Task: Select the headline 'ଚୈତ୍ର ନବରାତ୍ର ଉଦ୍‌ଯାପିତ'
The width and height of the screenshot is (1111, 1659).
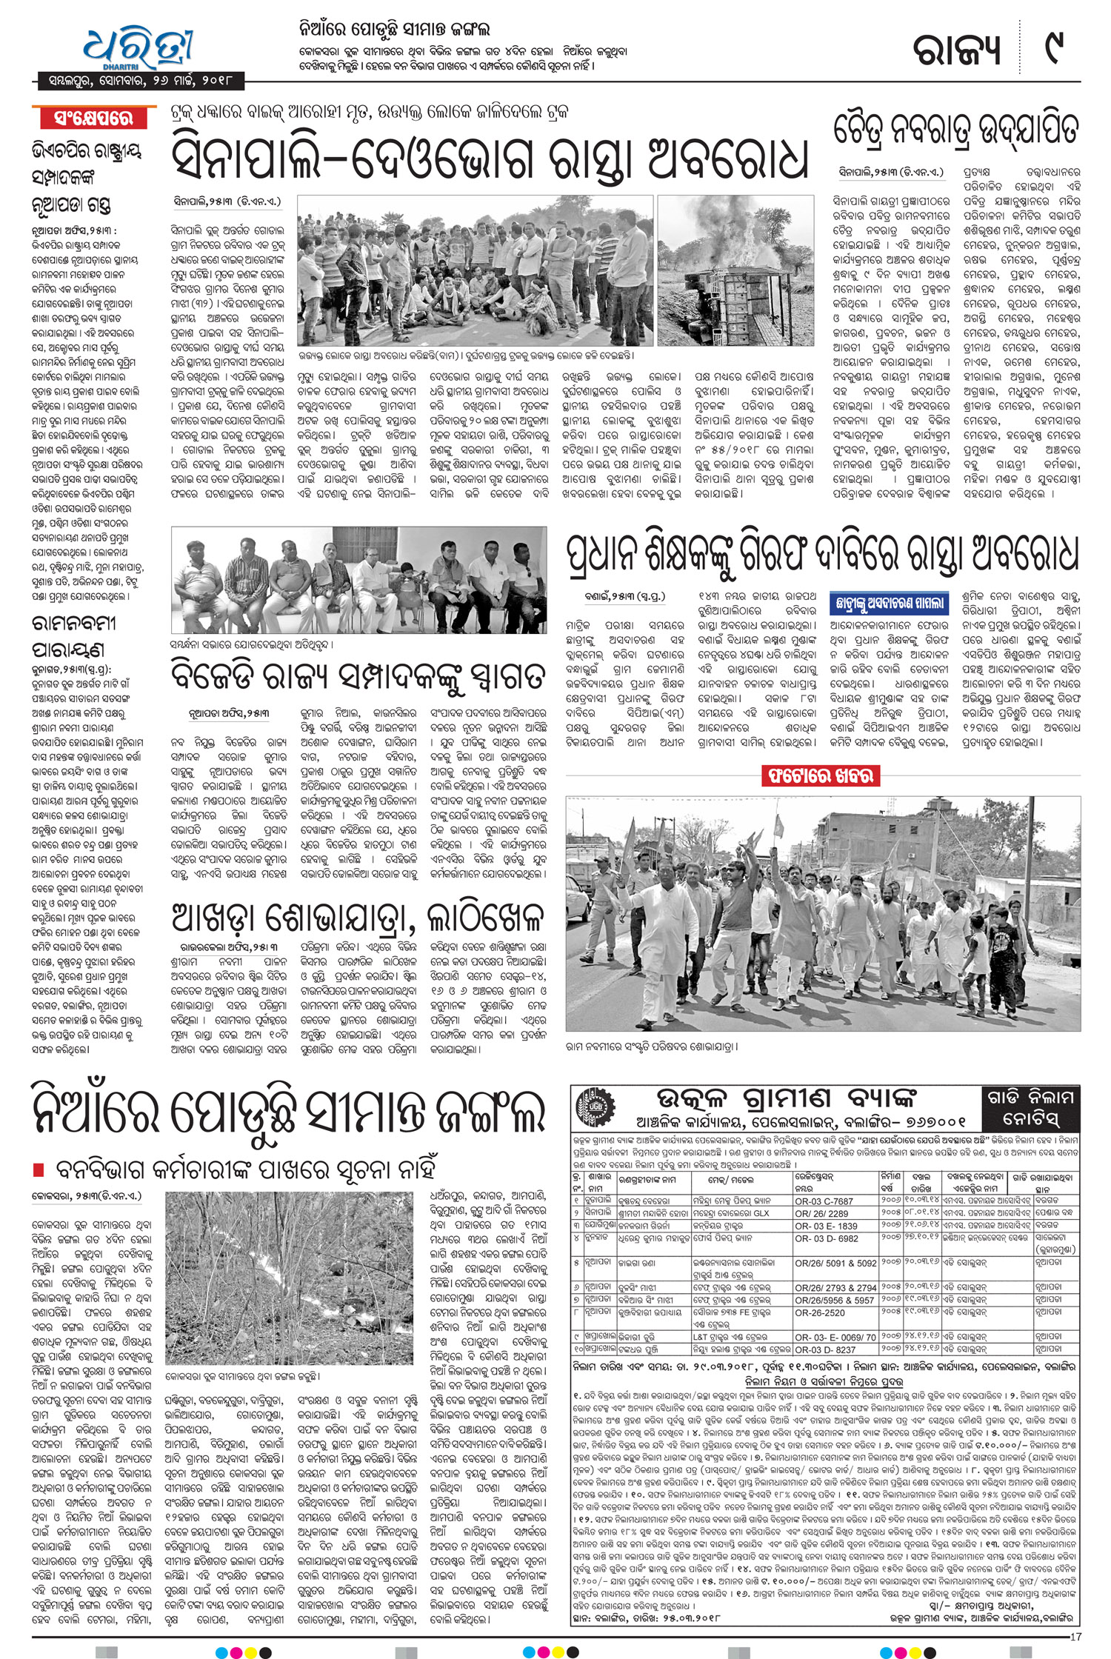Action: [955, 131]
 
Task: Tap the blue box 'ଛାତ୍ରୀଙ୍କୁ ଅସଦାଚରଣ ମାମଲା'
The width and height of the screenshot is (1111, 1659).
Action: [888, 604]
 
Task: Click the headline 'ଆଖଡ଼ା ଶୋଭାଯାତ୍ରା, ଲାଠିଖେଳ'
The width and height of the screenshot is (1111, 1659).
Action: [358, 918]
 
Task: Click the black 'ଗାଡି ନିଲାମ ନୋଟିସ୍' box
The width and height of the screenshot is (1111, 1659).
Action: [1030, 1106]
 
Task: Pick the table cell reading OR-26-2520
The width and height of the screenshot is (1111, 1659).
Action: [819, 1312]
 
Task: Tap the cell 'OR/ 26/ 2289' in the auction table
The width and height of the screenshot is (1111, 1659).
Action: [821, 1213]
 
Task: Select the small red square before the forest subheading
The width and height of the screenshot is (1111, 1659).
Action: [39, 1169]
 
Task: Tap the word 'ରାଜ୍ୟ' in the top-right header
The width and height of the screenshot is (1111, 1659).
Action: [955, 49]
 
